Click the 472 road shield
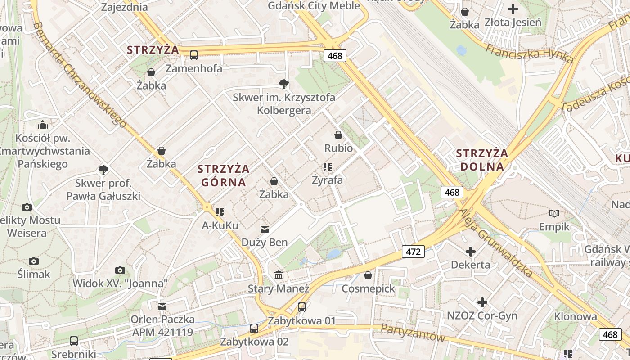[x=413, y=252]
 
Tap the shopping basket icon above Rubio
[x=338, y=135]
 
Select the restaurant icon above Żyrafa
[x=328, y=167]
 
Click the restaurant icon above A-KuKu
[x=220, y=212]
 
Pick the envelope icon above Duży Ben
[x=265, y=229]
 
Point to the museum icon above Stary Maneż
[x=279, y=275]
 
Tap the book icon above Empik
[x=554, y=213]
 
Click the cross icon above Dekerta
[x=471, y=251]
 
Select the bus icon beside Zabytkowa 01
[x=302, y=307]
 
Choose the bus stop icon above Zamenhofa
[x=194, y=55]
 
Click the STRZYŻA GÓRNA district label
[x=223, y=175]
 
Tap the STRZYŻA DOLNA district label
[x=482, y=160]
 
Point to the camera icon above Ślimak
[x=34, y=261]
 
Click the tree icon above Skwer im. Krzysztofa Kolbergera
[x=283, y=84]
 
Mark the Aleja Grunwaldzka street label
[x=495, y=243]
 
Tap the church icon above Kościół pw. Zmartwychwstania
[x=43, y=125]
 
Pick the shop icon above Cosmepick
[x=368, y=275]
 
